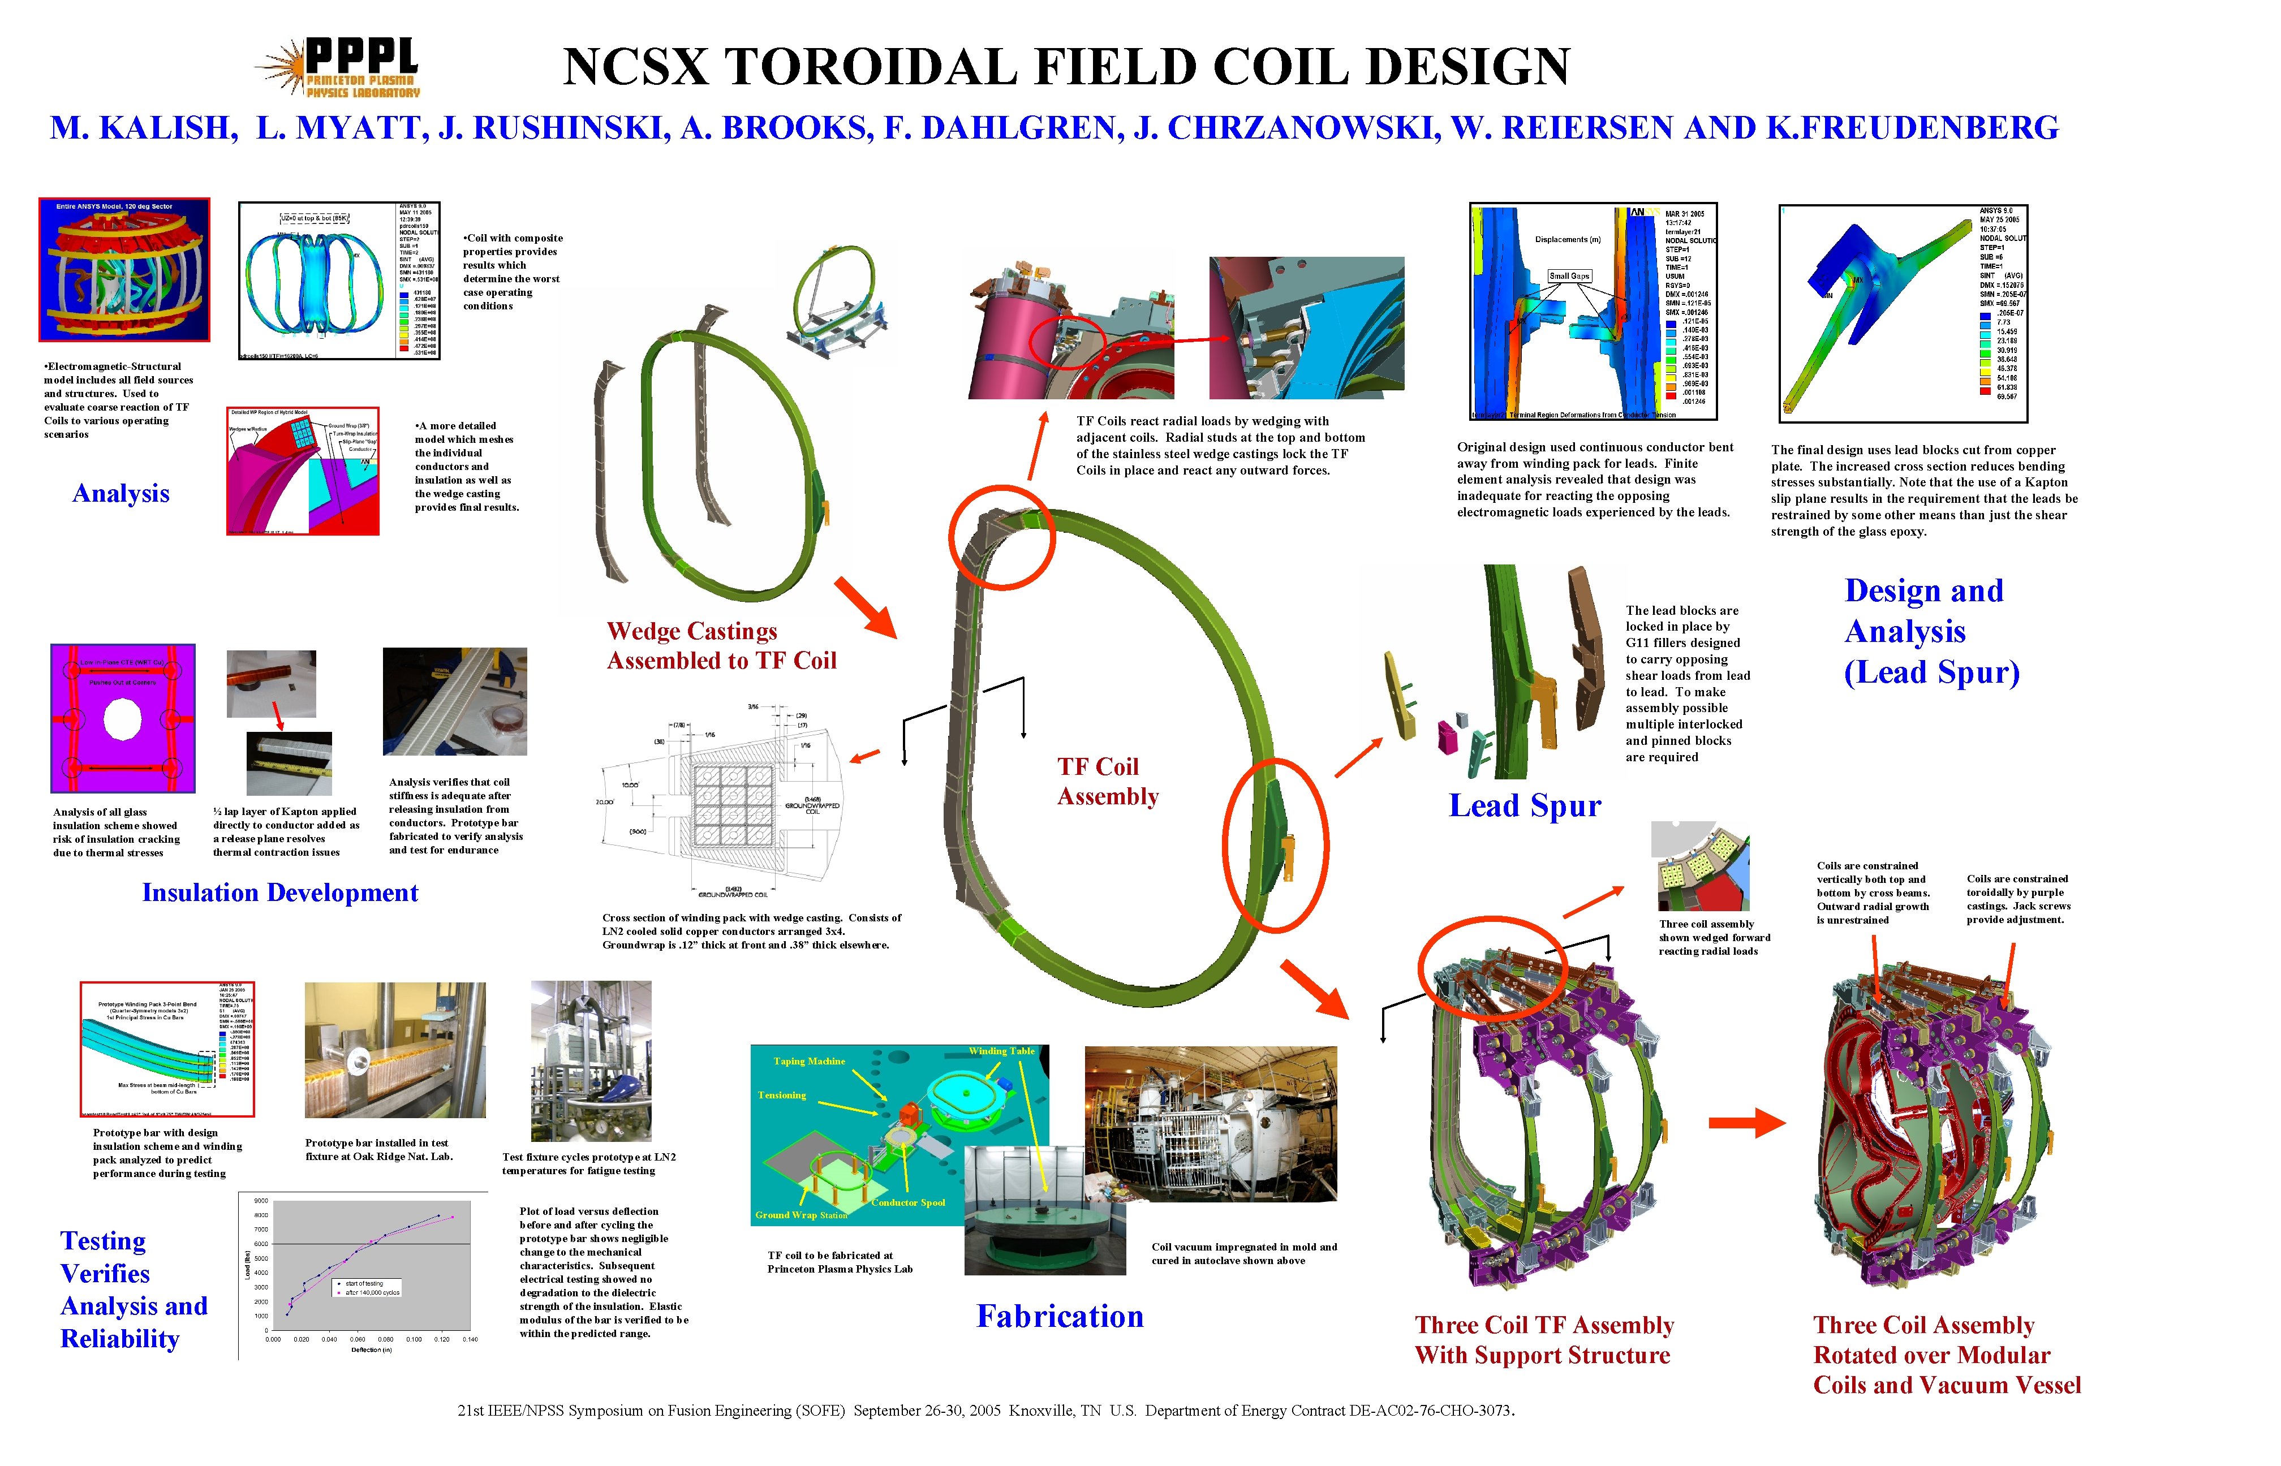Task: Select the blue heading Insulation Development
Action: (x=280, y=893)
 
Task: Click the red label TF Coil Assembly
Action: (x=1107, y=782)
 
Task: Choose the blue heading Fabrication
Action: (x=1060, y=1317)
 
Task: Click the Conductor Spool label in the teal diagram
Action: (x=908, y=1202)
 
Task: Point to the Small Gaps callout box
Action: (x=1569, y=276)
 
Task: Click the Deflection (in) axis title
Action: (x=371, y=1350)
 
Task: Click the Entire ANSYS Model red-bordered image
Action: (x=124, y=269)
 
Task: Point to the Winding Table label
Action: (x=1001, y=1051)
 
